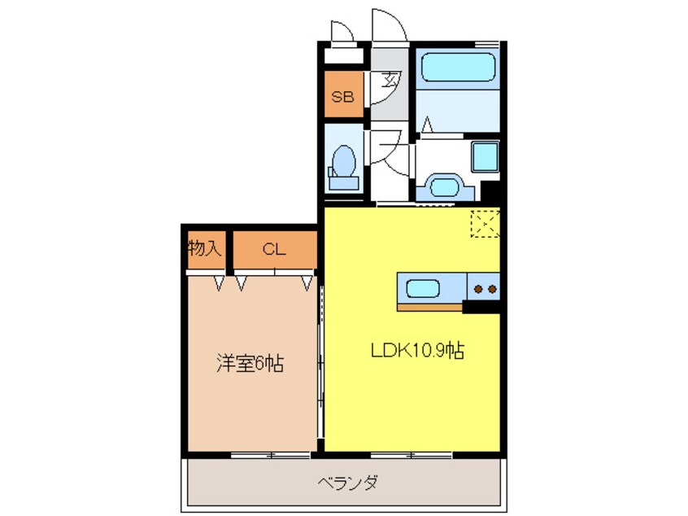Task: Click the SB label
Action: tap(342, 97)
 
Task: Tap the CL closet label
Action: tap(274, 250)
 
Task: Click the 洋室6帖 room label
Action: tap(249, 364)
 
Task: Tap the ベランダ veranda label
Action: tap(346, 483)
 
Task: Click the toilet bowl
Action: tap(344, 163)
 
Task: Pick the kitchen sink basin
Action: tap(423, 288)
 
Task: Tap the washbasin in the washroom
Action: tap(443, 186)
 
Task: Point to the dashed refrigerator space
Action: tap(486, 225)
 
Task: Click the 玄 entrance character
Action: tap(391, 81)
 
